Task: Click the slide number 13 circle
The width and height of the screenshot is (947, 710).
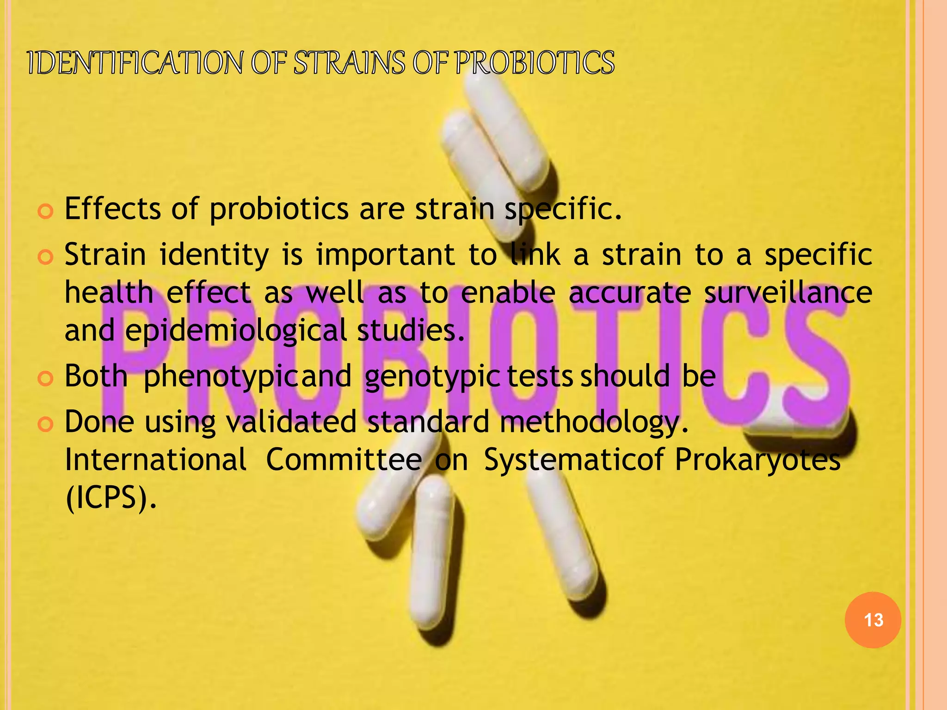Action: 873,620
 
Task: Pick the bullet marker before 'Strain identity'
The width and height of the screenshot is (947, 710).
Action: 45,257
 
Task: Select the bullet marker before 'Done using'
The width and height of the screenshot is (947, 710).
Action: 45,424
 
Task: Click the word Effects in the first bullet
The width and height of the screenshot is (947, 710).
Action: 112,208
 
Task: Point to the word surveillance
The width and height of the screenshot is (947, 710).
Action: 788,293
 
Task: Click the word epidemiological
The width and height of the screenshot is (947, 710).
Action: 235,331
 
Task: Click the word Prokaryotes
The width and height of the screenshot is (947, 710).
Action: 757,460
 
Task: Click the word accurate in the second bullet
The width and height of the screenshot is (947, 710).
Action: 630,293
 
